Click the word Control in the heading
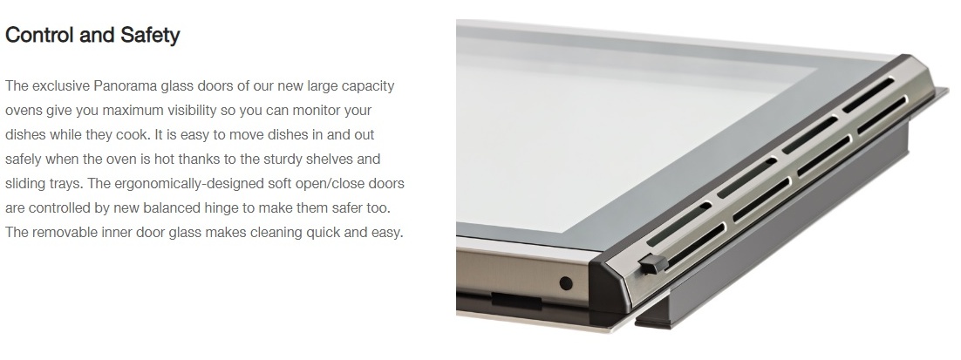40,35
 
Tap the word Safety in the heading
149,36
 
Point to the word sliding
24,184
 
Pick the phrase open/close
337,184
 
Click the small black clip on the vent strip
653,264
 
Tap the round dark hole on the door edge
566,282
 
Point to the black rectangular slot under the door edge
516,300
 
